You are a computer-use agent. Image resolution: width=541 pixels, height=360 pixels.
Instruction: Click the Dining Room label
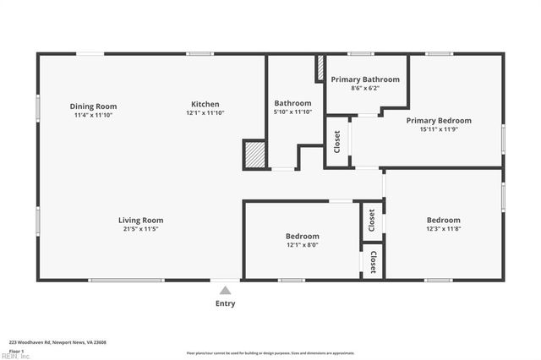point(93,106)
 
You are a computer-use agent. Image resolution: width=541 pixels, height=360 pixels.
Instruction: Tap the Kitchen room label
point(205,105)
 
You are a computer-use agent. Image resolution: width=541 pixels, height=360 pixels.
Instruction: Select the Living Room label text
point(140,220)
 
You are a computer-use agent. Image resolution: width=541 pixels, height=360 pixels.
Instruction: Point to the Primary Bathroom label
point(365,79)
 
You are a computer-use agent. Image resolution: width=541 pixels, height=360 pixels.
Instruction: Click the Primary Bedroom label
point(439,121)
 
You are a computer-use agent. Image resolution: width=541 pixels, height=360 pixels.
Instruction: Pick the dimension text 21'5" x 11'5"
point(140,229)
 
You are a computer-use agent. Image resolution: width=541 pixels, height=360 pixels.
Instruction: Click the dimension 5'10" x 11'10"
point(292,112)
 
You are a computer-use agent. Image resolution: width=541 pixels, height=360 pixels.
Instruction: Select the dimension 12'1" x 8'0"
point(302,245)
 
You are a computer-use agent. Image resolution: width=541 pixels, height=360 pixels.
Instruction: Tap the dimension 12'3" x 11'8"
point(443,229)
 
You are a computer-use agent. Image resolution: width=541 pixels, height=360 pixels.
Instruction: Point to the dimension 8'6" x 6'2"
point(365,88)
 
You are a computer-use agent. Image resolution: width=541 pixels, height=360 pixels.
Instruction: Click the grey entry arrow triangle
point(225,290)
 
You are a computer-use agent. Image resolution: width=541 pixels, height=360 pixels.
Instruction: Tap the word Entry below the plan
point(225,303)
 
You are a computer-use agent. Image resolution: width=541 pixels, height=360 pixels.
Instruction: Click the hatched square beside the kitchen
point(254,154)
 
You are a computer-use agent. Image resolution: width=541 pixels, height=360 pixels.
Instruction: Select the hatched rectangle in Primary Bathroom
point(320,69)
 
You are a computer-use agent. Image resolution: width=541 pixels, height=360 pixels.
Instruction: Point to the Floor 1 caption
point(15,351)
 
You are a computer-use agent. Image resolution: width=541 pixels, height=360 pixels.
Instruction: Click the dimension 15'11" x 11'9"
point(439,129)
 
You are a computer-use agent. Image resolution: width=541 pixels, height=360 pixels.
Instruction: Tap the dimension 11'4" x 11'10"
point(93,115)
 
